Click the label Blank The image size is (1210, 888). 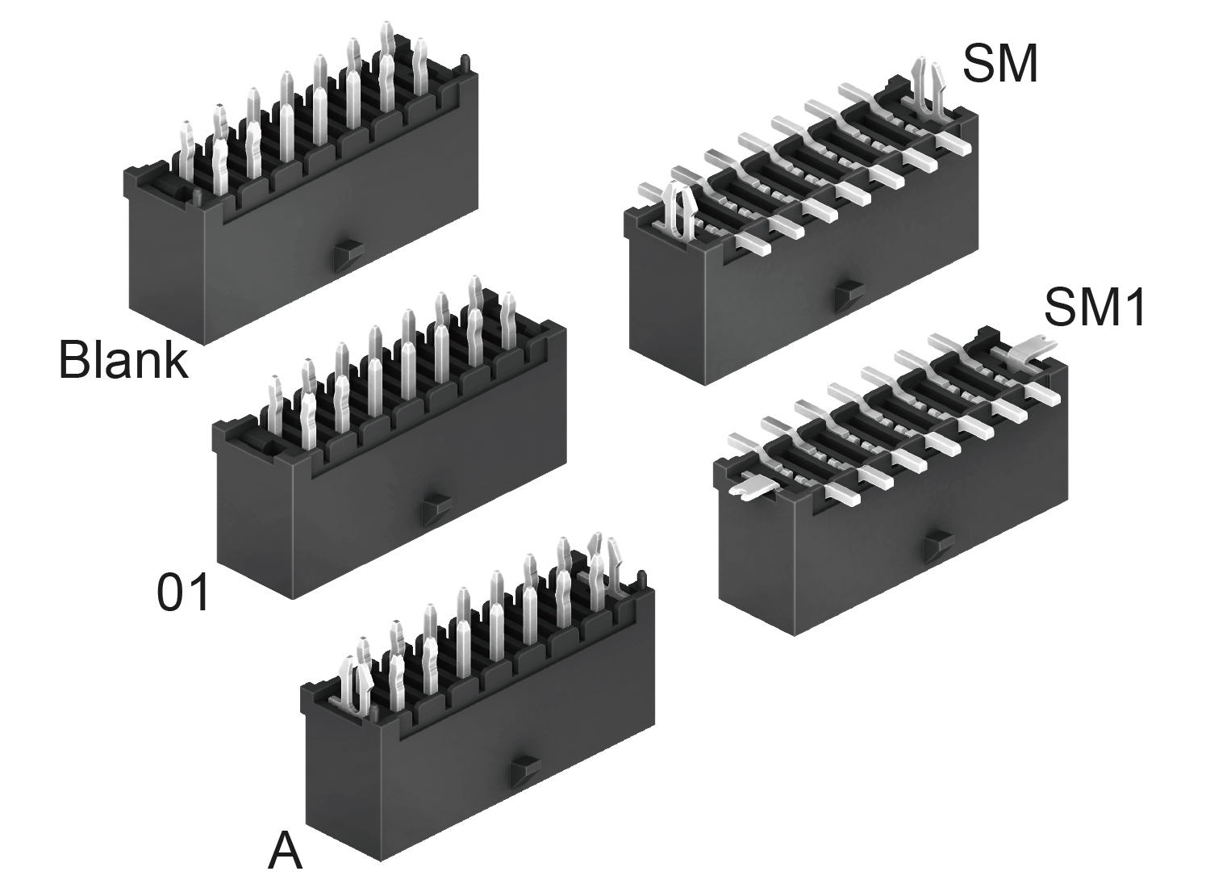pos(123,360)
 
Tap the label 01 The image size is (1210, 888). pos(182,593)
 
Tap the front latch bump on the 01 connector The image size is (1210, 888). pos(437,509)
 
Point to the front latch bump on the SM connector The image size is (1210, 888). pos(849,297)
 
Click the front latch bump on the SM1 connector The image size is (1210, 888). pos(940,548)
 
